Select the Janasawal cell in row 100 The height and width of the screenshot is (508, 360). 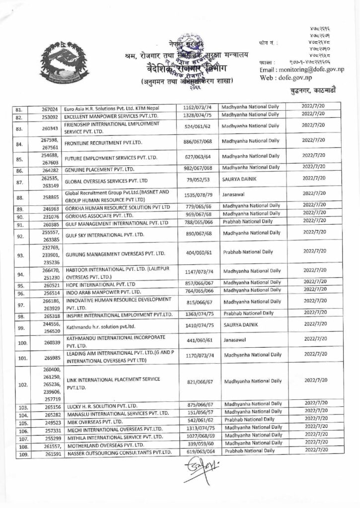236,340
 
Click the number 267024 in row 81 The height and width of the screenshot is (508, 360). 51,107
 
